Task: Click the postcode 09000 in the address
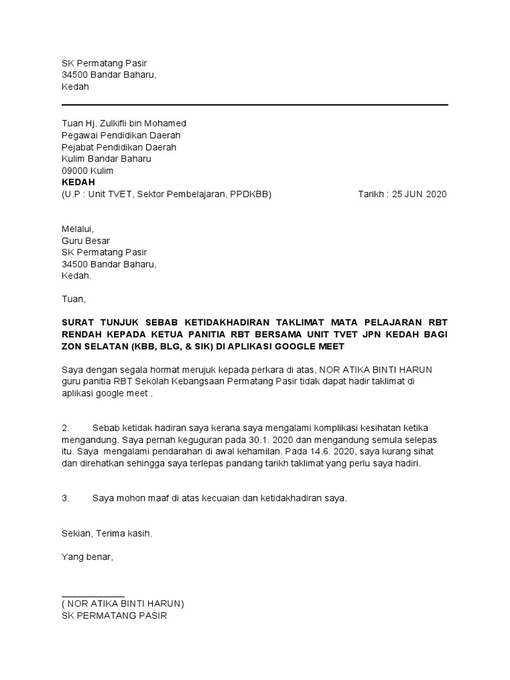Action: point(75,171)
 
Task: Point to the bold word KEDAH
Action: point(78,182)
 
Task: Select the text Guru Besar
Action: point(86,240)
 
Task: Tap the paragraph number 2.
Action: point(65,428)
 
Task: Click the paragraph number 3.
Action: point(65,497)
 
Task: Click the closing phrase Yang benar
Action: point(87,557)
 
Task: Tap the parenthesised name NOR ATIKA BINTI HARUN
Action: point(123,604)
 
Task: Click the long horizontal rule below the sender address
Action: point(255,105)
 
